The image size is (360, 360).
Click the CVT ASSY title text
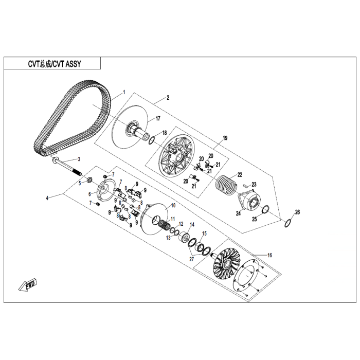coord(55,64)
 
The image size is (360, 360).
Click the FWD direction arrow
coord(28,284)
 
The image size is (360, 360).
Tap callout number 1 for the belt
coord(124,92)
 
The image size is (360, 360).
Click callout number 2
coord(168,98)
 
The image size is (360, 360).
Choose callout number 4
coord(47,198)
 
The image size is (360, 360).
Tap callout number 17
coord(158,118)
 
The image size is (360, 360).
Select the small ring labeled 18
coord(152,140)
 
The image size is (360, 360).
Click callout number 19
coord(225,138)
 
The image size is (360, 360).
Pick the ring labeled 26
coord(288,223)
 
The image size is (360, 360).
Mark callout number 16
coord(269,255)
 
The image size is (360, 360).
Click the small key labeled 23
coord(246,185)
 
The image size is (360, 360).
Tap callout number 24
coord(238,213)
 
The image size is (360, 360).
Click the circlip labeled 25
coord(266,209)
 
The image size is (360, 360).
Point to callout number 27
coord(191,259)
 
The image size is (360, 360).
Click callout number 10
coord(173,205)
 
